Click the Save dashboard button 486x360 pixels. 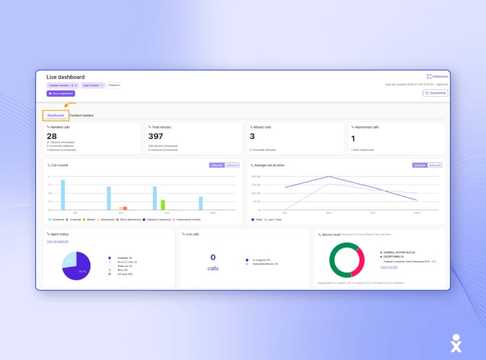tap(61, 93)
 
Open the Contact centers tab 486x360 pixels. tap(82, 115)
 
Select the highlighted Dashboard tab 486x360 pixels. tap(55, 115)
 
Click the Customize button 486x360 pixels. tap(435, 93)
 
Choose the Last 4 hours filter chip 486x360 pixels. tap(93, 85)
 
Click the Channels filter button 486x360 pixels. tap(114, 85)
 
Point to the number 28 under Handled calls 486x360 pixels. tap(52, 136)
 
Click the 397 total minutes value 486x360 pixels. tap(156, 136)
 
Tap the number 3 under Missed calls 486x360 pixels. tap(252, 136)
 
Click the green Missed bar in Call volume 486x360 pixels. tap(163, 205)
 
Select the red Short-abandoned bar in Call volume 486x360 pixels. tap(125, 208)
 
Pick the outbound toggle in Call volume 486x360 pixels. tap(232, 165)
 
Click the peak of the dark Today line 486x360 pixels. tap(328, 177)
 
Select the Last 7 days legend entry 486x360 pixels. tap(276, 219)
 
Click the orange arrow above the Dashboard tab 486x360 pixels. tap(70, 105)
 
